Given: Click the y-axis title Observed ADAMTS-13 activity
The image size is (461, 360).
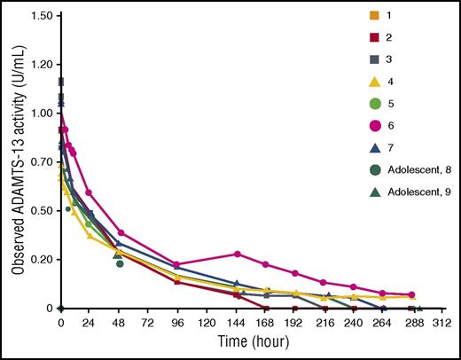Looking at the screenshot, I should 18,160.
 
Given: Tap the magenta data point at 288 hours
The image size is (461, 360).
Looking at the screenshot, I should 411,295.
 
